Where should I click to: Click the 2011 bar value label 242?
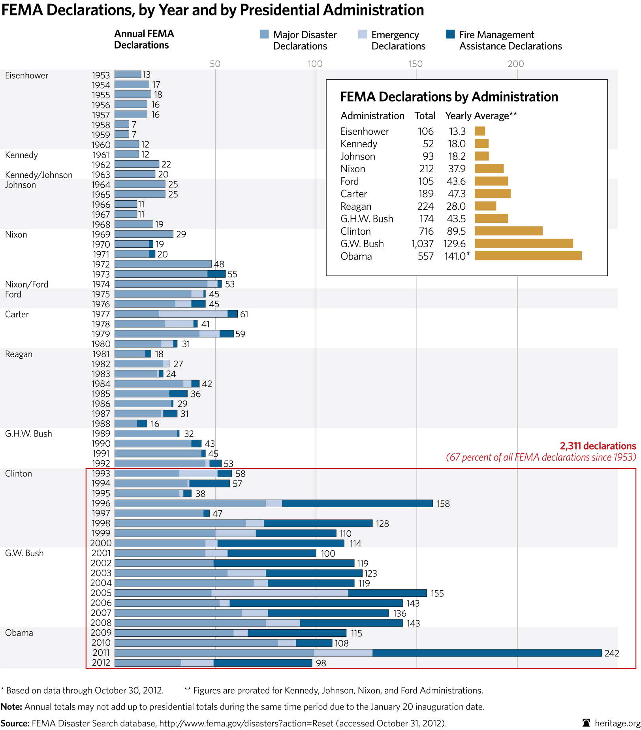point(611,653)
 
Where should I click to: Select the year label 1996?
point(101,503)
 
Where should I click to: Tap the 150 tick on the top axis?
point(415,64)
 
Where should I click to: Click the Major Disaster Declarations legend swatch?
point(264,34)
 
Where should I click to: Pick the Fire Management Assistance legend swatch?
point(450,34)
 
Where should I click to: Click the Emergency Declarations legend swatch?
point(363,34)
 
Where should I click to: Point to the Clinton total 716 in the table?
point(425,231)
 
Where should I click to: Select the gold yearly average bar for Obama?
point(528,256)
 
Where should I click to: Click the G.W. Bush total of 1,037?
point(422,244)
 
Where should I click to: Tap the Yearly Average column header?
point(481,116)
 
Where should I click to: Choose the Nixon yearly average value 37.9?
point(457,169)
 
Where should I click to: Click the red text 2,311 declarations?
point(598,446)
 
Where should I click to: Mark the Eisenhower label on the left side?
point(26,75)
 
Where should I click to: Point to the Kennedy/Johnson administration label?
point(39,175)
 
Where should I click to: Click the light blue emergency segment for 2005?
point(280,593)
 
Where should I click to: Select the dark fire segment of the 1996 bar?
point(357,503)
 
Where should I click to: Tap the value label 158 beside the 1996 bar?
point(443,504)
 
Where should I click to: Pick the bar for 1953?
point(128,74)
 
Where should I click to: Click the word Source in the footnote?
point(15,723)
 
